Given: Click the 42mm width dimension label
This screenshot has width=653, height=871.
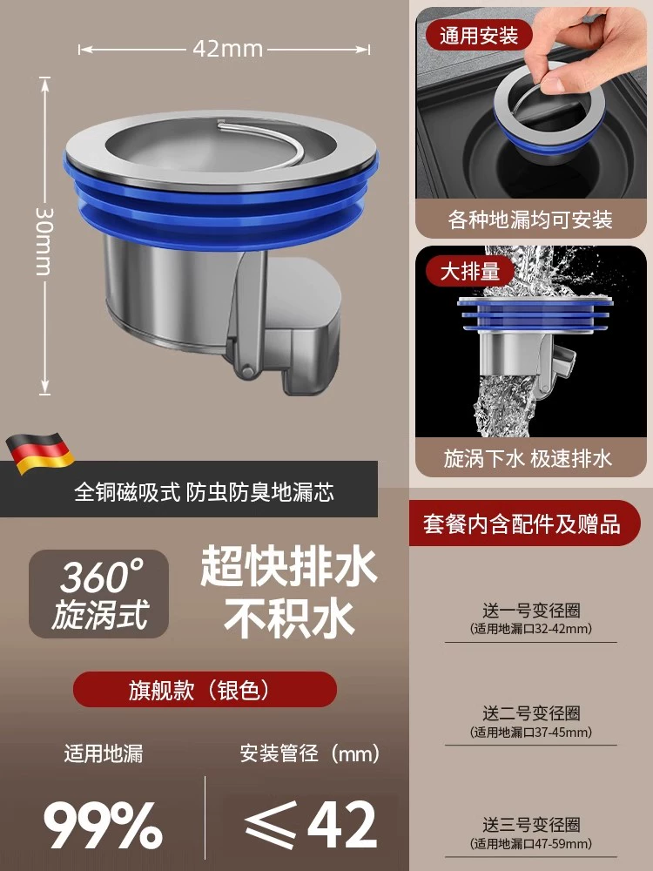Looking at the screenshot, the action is (227, 49).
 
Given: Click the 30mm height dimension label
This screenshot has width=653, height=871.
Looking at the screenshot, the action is (44, 241).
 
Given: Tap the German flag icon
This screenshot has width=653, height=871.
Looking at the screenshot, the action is (40, 453).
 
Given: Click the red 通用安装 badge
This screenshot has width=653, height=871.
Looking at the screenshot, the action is (479, 36).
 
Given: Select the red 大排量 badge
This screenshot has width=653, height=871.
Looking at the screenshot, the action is (470, 272).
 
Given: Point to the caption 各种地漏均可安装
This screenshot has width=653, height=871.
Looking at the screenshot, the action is (530, 220).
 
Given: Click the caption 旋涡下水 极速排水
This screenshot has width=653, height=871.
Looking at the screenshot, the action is (528, 459).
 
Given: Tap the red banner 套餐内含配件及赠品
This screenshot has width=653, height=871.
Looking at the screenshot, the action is (522, 523).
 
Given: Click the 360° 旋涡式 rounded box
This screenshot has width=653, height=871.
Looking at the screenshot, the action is (99, 594).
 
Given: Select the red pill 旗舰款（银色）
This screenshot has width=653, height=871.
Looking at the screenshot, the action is (205, 689).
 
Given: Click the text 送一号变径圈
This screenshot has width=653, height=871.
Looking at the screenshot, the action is (531, 611).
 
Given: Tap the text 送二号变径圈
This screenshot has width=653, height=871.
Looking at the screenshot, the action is (531, 713).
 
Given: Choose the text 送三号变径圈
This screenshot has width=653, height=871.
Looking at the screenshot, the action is (531, 825).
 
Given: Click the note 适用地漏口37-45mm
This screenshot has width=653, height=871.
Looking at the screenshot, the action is (531, 733).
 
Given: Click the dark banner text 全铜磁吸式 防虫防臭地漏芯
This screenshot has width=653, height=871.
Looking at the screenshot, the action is (205, 492).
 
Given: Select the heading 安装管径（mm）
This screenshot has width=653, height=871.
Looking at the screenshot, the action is (310, 753).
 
